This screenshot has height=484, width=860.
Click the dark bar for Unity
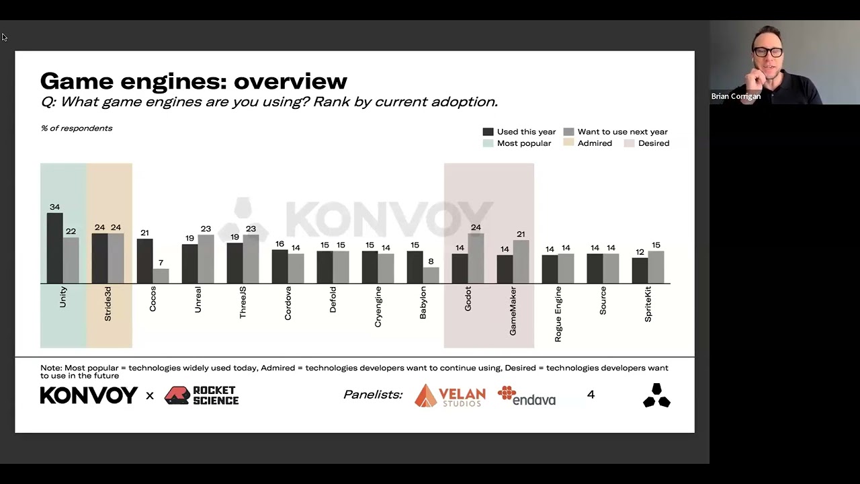click(54, 249)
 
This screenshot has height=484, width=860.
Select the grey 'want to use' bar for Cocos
click(161, 276)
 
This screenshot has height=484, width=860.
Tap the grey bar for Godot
click(476, 259)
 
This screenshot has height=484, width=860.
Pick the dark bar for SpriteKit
click(640, 271)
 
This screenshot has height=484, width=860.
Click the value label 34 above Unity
click(54, 207)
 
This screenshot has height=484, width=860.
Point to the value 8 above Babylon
click(431, 261)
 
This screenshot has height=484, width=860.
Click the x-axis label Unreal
click(198, 299)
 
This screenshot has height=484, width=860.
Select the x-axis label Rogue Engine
click(558, 314)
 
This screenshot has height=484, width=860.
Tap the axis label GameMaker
click(513, 311)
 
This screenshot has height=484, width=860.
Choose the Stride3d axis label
click(107, 304)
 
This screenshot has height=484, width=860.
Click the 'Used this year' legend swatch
click(488, 132)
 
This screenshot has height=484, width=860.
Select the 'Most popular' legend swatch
click(488, 143)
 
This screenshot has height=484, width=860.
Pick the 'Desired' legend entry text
click(653, 143)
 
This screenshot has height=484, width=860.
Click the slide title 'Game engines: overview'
click(193, 81)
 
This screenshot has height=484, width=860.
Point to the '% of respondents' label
click(77, 128)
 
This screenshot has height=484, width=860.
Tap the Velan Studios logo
click(450, 395)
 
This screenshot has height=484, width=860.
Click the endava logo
click(527, 396)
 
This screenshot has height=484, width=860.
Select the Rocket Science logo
click(202, 395)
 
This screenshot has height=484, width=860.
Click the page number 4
click(591, 395)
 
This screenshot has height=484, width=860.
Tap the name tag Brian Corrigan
click(736, 96)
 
